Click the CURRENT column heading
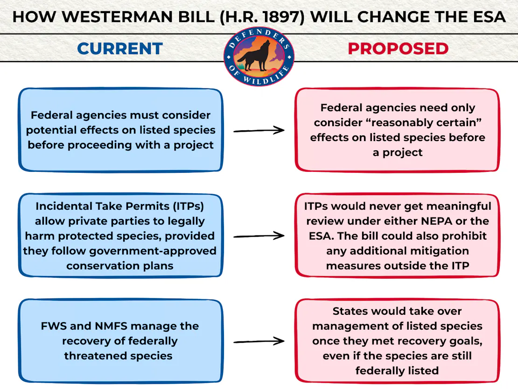(119, 49)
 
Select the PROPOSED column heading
(398, 49)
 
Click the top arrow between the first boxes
(259, 131)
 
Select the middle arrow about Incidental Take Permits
(259, 236)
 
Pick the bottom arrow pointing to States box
(259, 341)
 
